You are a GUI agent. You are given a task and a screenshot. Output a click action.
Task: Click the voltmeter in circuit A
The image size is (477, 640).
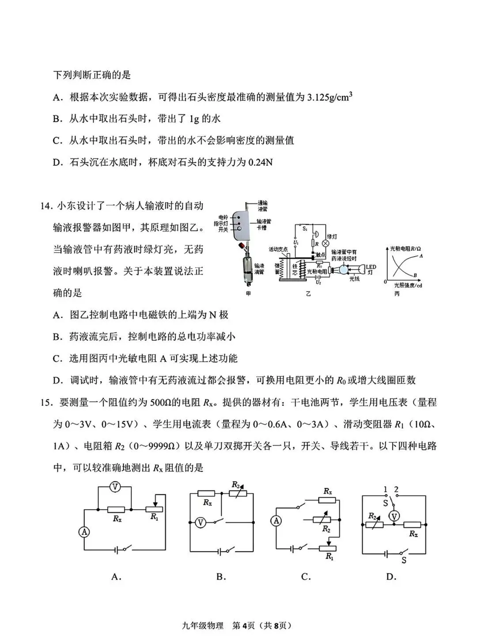(x=115, y=487)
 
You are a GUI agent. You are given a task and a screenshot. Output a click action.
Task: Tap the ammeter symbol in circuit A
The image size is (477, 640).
(x=84, y=532)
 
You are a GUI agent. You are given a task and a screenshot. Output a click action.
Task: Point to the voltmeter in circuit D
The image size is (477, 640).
(x=395, y=516)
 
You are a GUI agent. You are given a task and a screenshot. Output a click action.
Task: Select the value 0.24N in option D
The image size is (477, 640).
(x=260, y=163)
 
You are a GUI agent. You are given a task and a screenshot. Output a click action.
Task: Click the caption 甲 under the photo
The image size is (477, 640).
(x=248, y=294)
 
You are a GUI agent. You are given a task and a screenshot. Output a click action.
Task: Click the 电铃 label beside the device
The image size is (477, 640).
(x=223, y=218)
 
